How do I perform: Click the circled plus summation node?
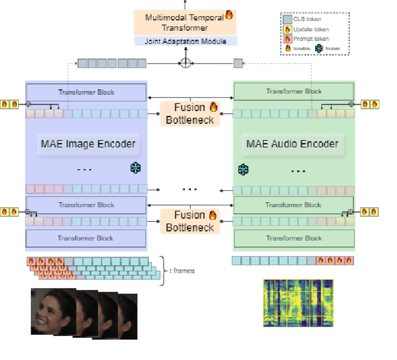pos(184,63)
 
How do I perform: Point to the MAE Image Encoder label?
pos(87,144)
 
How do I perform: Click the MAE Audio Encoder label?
pos(292,144)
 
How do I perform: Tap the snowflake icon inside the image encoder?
pos(135,168)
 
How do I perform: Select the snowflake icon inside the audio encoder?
pos(243,169)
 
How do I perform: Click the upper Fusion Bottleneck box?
pos(190,113)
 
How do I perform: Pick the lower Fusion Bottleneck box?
pos(190,221)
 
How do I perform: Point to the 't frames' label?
pos(181,271)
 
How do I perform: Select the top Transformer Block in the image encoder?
pos(86,92)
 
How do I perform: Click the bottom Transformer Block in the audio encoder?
pos(293,238)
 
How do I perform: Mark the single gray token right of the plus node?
pos(238,63)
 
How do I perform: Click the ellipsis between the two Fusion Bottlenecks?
pos(190,188)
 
